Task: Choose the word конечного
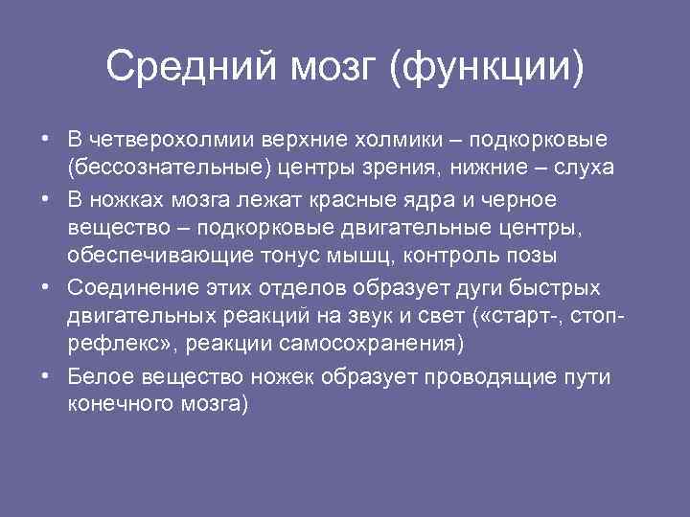(116, 404)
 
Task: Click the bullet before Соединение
(46, 287)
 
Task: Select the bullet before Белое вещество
(46, 374)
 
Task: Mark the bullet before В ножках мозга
(46, 200)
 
